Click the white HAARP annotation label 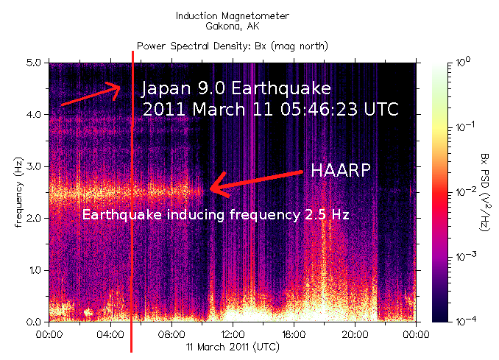[x=340, y=169]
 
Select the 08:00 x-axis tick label [x=171, y=332]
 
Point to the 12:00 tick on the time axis [x=233, y=332]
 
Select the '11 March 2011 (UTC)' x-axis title [x=232, y=345]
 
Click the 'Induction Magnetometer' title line [x=233, y=15]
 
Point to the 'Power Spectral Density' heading [x=233, y=46]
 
